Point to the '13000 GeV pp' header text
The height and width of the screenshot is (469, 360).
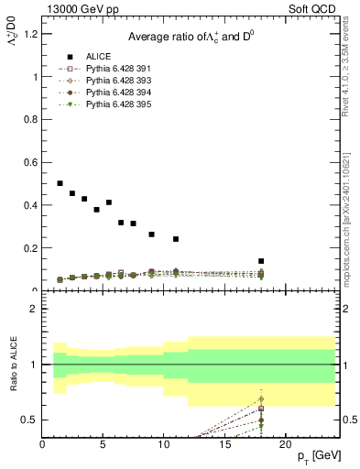[81, 10]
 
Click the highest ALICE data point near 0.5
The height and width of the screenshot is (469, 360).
[60, 183]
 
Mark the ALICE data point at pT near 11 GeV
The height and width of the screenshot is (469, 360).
[176, 239]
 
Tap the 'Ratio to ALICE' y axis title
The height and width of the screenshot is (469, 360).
[12, 366]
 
